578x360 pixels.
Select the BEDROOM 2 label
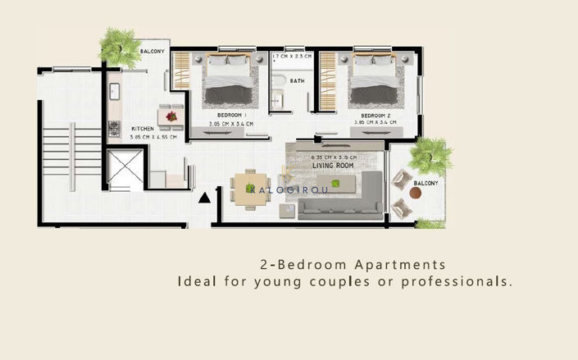click(375, 115)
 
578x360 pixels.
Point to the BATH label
click(296, 81)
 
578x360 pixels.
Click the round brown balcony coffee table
click(416, 194)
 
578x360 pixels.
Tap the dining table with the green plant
click(249, 185)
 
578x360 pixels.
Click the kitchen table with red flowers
click(171, 116)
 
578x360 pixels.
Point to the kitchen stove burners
click(114, 130)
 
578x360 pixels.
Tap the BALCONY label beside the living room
click(425, 184)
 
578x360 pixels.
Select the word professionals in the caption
click(462, 281)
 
